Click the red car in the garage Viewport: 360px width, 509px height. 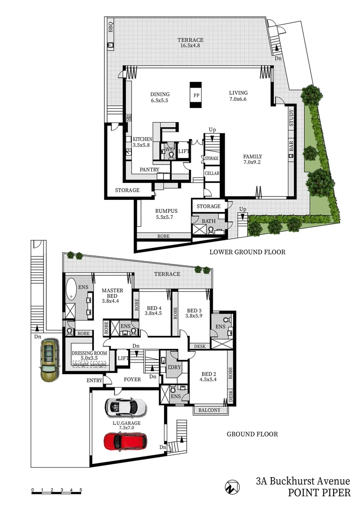coord(125,441)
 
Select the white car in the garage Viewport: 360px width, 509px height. coord(125,406)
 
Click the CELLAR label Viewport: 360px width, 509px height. coord(212,173)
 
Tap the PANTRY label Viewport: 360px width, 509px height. coord(149,169)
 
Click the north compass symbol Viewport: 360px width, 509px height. coord(231,486)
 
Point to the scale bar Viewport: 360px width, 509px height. coord(57,492)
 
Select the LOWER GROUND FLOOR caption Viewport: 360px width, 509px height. coord(247,252)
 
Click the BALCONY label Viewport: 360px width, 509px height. coord(209,410)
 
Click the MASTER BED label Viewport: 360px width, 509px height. coord(112,294)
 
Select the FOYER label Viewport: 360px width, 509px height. coord(133,379)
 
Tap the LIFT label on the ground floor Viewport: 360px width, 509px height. coord(123,358)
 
